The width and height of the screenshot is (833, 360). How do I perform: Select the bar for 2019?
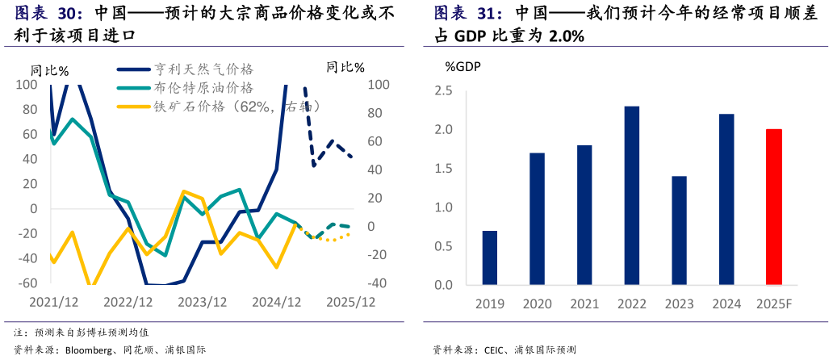490,257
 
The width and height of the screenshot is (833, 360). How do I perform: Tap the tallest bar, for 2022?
631,195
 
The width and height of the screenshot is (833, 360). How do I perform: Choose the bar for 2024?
725,199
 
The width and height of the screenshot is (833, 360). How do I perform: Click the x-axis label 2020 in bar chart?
537,304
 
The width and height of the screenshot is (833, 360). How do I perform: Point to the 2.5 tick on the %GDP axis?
443,90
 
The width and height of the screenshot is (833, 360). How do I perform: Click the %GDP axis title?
463,66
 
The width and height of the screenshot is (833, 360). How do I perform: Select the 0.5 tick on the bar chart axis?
443,246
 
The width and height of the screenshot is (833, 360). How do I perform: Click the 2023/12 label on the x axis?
202,302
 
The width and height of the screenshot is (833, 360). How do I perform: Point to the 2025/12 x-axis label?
350,302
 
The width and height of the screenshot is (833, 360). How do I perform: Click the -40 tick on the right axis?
378,283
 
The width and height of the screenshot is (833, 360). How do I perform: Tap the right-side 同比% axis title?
345,67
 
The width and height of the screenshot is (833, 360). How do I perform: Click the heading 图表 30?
48,14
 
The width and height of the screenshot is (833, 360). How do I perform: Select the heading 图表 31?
468,14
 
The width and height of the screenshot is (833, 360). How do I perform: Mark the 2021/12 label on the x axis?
53,302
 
